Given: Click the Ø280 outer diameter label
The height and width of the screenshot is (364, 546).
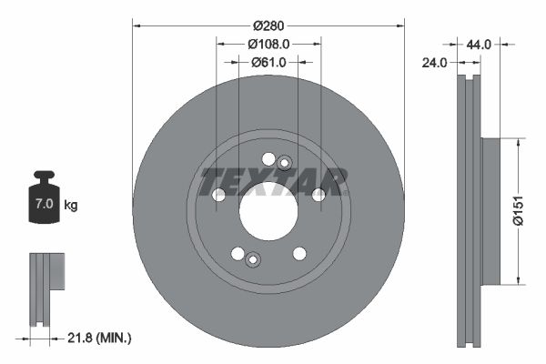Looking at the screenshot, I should [268, 25].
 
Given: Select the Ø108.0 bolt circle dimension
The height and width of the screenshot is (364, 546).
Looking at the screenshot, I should [268, 43].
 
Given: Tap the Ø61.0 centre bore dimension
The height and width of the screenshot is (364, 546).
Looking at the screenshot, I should [268, 62].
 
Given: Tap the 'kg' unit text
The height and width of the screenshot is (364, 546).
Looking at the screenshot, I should [70, 206].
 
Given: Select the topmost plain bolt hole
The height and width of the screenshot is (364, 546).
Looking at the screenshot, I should [268, 159].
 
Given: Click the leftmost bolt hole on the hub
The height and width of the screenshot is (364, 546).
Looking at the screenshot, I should [217, 195].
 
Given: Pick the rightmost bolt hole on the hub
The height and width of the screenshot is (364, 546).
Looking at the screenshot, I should [318, 195].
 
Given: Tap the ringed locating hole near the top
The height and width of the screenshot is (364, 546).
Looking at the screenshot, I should [284, 163].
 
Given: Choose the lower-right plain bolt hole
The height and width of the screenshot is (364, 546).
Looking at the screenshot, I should [298, 254].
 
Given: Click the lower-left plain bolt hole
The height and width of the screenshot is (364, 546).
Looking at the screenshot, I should [238, 253].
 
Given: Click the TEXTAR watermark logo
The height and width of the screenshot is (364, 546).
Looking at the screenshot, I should [273, 182].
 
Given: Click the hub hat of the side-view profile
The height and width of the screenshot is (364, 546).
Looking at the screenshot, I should [488, 211].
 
